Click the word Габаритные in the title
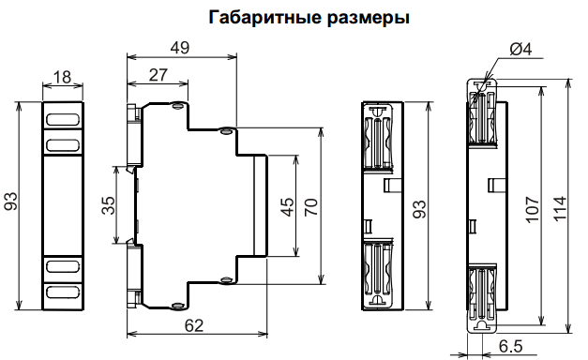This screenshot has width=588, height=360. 253,17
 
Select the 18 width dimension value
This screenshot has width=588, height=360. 63,76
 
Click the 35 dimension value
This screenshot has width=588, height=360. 107,206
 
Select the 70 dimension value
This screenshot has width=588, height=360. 310,206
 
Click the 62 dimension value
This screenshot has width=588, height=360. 193,327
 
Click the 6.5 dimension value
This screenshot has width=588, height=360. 511,347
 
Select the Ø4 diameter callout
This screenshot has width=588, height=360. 520,50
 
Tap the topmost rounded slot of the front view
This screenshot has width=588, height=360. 63,120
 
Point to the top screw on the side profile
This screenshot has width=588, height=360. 177,105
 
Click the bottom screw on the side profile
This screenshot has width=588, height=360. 177,306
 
